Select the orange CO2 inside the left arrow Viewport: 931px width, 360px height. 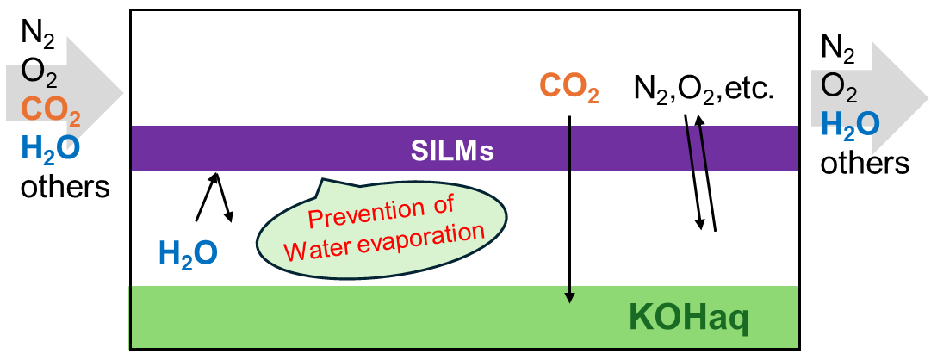[51, 110]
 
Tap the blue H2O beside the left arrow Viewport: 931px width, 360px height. [51, 148]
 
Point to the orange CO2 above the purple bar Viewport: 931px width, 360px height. [569, 88]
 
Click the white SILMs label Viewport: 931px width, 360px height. [452, 151]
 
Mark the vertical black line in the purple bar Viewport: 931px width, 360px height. [569, 148]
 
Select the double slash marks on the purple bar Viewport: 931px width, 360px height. [697, 148]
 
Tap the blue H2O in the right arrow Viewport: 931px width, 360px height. [850, 124]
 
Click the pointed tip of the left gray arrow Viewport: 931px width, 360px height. [122, 91]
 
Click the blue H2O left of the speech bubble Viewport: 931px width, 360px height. [188, 253]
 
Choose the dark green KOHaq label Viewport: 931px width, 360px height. [689, 319]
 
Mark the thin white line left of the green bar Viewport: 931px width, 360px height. [129, 317]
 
